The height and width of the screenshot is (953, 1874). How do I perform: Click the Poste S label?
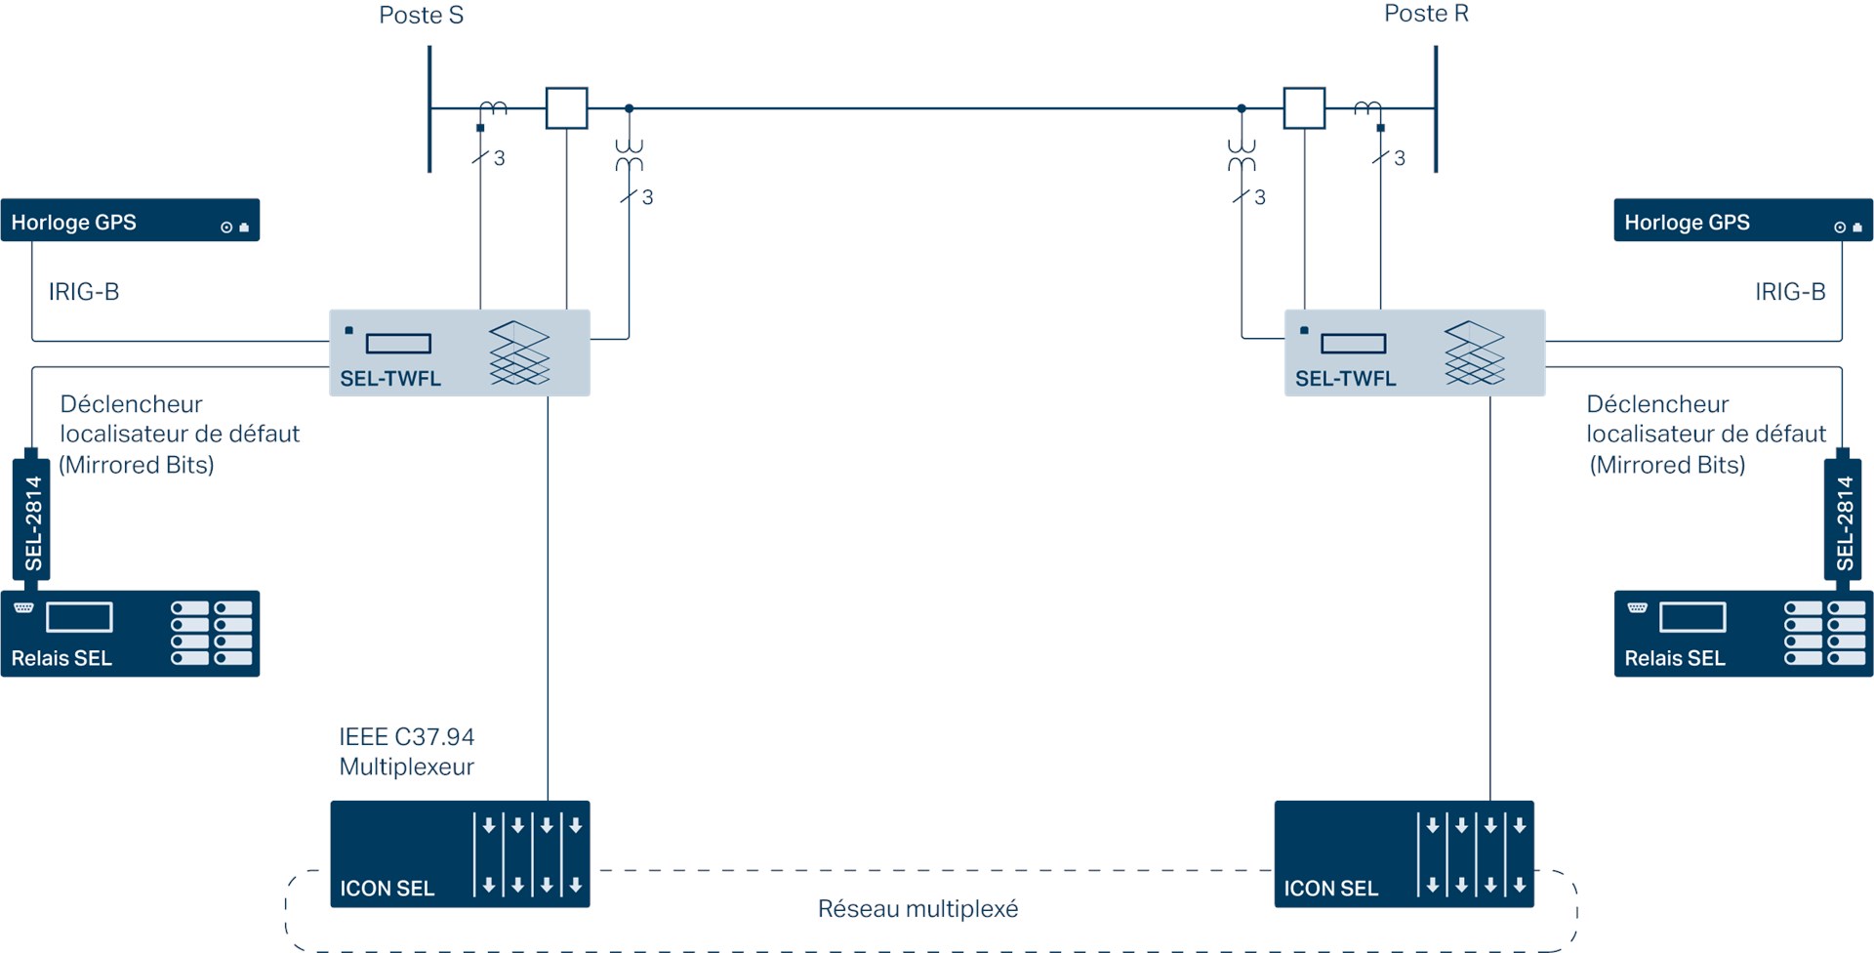pos(421,16)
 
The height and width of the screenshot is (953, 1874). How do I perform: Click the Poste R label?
pos(1426,14)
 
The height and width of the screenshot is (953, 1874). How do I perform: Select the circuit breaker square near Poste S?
pos(566,108)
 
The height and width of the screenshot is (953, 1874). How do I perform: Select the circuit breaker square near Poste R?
pos(1304,108)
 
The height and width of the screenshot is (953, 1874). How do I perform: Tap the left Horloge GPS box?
pos(130,221)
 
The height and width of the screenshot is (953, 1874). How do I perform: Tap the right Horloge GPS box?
pos(1742,221)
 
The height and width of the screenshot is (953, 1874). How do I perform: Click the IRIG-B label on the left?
pos(84,292)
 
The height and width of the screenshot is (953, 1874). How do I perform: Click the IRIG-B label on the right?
pos(1789,292)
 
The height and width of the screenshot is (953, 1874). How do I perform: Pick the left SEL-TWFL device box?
pos(460,352)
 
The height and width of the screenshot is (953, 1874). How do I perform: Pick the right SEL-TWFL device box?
pos(1414,352)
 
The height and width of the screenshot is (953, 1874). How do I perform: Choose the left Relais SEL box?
pos(130,634)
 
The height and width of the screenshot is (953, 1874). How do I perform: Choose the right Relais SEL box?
pos(1742,634)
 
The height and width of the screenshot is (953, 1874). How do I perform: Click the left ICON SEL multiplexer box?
pos(460,853)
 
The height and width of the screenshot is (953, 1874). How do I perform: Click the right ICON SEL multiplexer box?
pos(1404,853)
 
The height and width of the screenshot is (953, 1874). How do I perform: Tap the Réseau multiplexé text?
pos(917,909)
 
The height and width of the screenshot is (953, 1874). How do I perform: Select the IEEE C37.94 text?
pos(406,736)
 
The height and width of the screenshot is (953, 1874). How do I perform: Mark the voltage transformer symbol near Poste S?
pos(629,154)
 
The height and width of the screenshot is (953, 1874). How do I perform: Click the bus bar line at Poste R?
pos(1436,108)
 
